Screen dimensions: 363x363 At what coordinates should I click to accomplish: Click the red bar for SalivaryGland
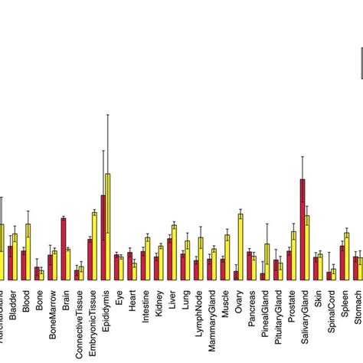(302, 230)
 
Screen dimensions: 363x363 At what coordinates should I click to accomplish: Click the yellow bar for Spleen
(346, 256)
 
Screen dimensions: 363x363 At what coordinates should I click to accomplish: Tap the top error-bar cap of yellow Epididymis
(108, 115)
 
